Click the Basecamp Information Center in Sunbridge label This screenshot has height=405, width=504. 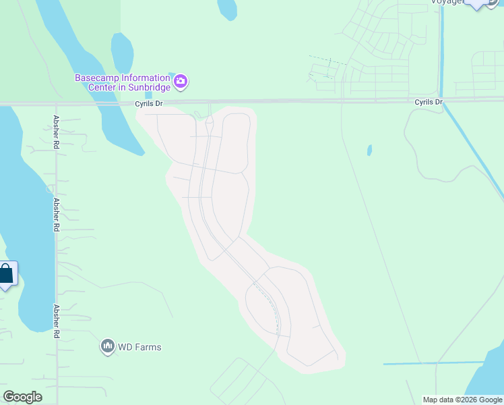(122, 82)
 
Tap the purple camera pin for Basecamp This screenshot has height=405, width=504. (181, 82)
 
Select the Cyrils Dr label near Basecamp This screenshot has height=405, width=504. (149, 104)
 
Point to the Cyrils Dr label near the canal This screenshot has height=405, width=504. (429, 102)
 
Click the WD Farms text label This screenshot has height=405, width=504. (139, 347)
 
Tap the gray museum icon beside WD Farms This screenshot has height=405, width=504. (107, 347)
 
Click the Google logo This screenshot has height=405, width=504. (22, 397)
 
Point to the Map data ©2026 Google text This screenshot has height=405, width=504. (462, 400)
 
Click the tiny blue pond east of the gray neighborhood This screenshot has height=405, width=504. (369, 150)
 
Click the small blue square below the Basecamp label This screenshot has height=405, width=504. (148, 94)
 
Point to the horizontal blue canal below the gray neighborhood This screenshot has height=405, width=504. (418, 364)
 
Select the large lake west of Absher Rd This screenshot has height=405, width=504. (24, 202)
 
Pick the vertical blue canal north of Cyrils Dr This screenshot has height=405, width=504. (441, 47)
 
